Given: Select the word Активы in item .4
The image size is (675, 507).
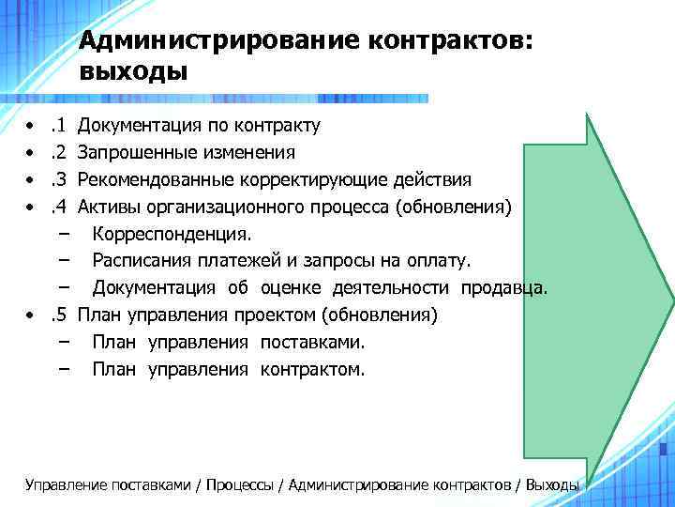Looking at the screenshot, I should [x=108, y=207].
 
